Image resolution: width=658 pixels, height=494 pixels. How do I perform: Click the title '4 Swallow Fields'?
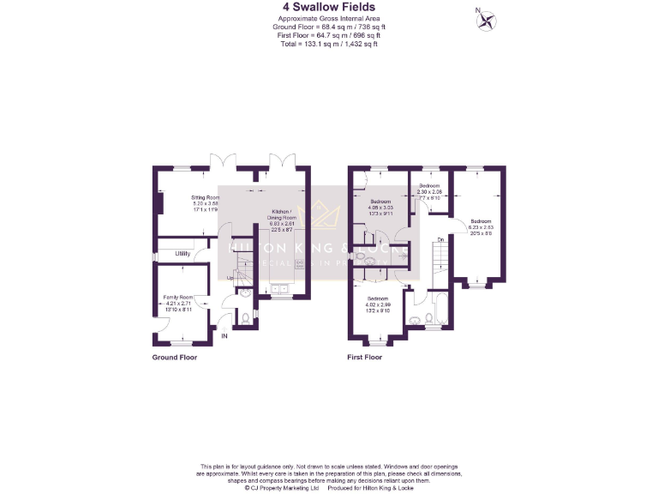coord(328,8)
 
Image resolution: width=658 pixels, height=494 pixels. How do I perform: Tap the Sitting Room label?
coord(205,202)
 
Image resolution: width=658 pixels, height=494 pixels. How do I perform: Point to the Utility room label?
coord(182,253)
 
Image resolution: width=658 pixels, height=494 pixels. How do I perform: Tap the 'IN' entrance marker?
coord(225,336)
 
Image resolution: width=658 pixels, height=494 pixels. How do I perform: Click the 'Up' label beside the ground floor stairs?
coord(230,277)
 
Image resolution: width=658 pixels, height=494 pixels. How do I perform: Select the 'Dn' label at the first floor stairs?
coord(440,239)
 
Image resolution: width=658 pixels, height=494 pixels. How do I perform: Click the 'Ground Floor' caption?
coord(175,357)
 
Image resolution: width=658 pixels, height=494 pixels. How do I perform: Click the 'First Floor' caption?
coord(365,357)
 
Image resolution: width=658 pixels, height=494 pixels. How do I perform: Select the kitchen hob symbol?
coord(300,265)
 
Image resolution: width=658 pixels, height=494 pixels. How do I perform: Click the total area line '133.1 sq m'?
coord(328,44)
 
